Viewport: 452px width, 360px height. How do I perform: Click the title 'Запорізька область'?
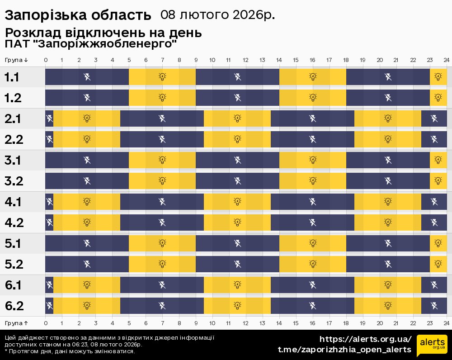coord(78,15)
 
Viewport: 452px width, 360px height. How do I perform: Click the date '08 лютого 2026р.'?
coord(217,15)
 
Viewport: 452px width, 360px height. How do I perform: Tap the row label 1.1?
coord(12,77)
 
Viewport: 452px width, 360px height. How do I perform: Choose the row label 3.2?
coord(14,181)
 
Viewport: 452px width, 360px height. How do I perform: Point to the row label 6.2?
coord(14,306)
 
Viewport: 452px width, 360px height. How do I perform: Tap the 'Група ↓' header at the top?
coord(17,60)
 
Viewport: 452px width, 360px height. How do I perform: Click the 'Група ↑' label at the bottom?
coord(17,323)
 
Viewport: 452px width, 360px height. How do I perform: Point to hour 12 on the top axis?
coord(245,60)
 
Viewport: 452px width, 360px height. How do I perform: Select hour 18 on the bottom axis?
coord(346,323)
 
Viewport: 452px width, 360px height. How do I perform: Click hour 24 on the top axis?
coord(446,60)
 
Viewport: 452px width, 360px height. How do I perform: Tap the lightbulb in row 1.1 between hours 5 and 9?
coord(162,77)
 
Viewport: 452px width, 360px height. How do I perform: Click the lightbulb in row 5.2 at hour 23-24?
coord(438,264)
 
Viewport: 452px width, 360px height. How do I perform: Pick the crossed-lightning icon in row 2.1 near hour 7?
coord(162,118)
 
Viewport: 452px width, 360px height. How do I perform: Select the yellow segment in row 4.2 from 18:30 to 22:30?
coord(388,223)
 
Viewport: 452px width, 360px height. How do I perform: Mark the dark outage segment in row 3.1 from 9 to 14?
coord(237,160)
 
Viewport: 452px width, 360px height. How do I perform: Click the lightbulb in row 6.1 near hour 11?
coord(237,285)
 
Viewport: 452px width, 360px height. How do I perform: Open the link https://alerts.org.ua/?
coord(366,339)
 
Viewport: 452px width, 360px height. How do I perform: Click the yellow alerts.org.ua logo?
coord(432,346)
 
